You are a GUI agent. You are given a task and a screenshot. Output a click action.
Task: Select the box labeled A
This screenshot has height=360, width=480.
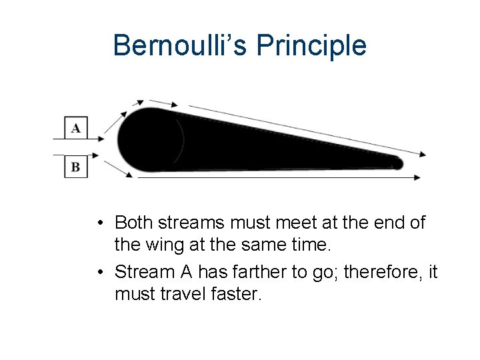coord(75,127)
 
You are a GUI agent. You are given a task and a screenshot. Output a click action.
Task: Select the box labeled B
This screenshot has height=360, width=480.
coord(75,167)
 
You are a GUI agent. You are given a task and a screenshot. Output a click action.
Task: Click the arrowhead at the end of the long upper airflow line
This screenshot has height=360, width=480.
coord(422,155)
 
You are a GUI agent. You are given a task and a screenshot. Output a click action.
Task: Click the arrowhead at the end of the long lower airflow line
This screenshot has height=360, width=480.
coord(417,177)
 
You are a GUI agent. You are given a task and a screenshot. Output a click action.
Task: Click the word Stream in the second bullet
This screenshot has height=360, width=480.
coord(143,272)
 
